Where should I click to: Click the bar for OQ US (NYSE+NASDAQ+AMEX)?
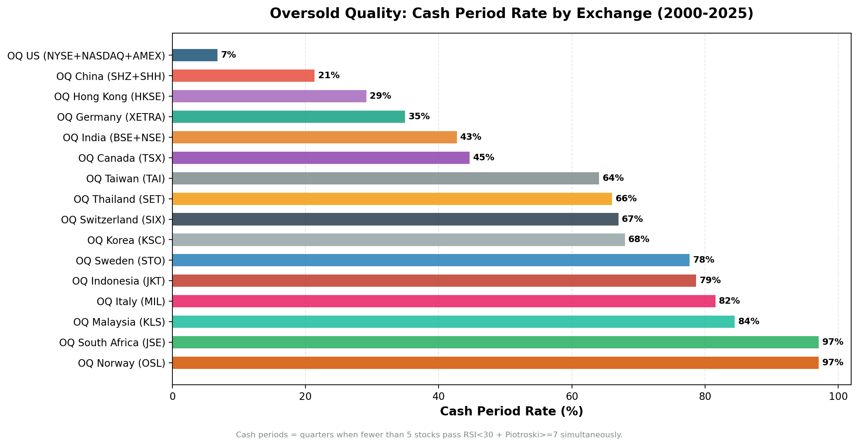coord(195,55)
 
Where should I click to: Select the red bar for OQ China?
coord(243,76)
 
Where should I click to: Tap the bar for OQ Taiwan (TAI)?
coord(386,178)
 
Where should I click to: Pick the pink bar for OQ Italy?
coord(444,301)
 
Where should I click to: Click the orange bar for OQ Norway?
coord(495,363)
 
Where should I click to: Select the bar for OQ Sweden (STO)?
coord(431,260)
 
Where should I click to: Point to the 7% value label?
coord(228,55)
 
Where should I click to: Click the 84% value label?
coord(748,321)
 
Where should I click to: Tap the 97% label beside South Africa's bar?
coord(832,342)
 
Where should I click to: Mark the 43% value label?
coord(470,137)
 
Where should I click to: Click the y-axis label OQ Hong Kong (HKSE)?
coord(110,97)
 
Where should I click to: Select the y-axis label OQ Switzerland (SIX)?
coord(113,220)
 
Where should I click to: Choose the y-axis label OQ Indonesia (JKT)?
coord(119,281)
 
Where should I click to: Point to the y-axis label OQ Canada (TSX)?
coord(122,158)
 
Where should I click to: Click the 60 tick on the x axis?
coord(572,397)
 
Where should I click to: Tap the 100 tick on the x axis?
coord(838,397)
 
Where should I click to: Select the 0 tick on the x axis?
coord(172,397)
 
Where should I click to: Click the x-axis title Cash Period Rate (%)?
coord(511,411)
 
